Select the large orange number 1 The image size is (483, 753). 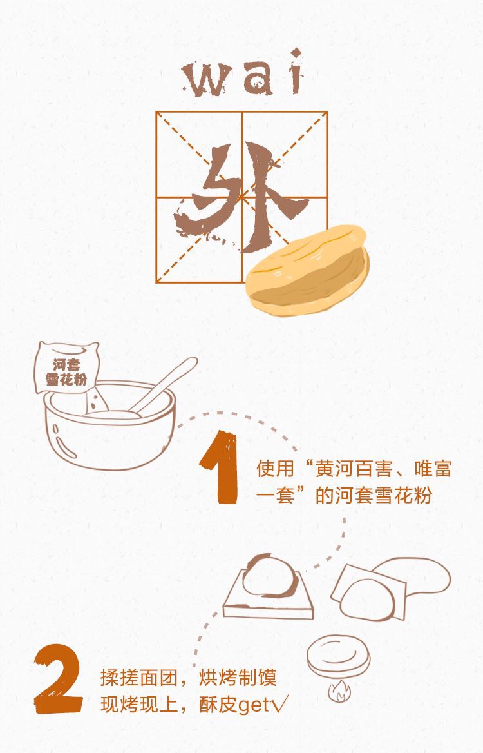pos(220,468)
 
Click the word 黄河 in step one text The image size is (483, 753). pos(334,469)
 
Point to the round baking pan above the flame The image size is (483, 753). pos(339,656)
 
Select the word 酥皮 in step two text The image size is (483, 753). pos(218,705)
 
